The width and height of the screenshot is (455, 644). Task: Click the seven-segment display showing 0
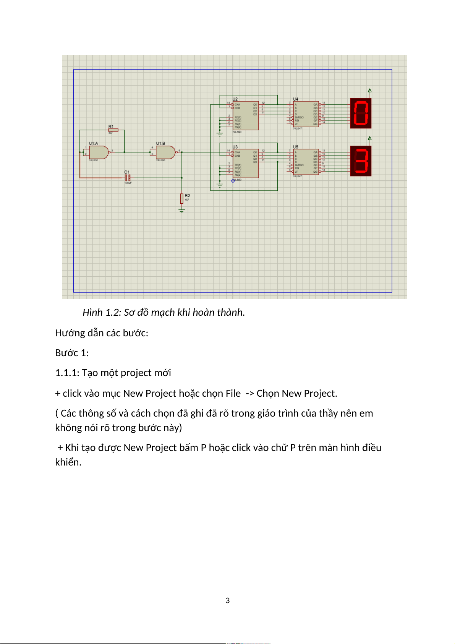(361, 113)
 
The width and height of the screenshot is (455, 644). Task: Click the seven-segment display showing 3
(361, 161)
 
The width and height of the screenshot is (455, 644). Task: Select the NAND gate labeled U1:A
(98, 152)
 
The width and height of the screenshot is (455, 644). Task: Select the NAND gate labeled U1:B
(165, 152)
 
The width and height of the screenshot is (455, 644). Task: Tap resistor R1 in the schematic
(113, 130)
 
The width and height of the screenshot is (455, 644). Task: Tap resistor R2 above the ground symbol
(182, 198)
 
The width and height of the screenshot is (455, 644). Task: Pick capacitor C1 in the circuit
(128, 178)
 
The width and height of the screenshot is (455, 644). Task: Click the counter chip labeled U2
(246, 115)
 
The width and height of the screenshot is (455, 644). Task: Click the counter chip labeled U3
(246, 163)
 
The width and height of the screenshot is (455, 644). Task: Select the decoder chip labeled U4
(306, 114)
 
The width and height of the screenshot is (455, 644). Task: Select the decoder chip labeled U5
(306, 162)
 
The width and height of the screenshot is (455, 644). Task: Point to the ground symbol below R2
(182, 210)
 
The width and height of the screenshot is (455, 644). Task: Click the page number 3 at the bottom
(228, 600)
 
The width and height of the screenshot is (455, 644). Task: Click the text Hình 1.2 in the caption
(101, 312)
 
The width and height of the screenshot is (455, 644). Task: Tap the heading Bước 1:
(72, 353)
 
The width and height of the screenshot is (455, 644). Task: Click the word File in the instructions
(233, 393)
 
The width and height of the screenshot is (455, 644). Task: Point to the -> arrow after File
(250, 393)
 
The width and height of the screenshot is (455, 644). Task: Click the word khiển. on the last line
(68, 462)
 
